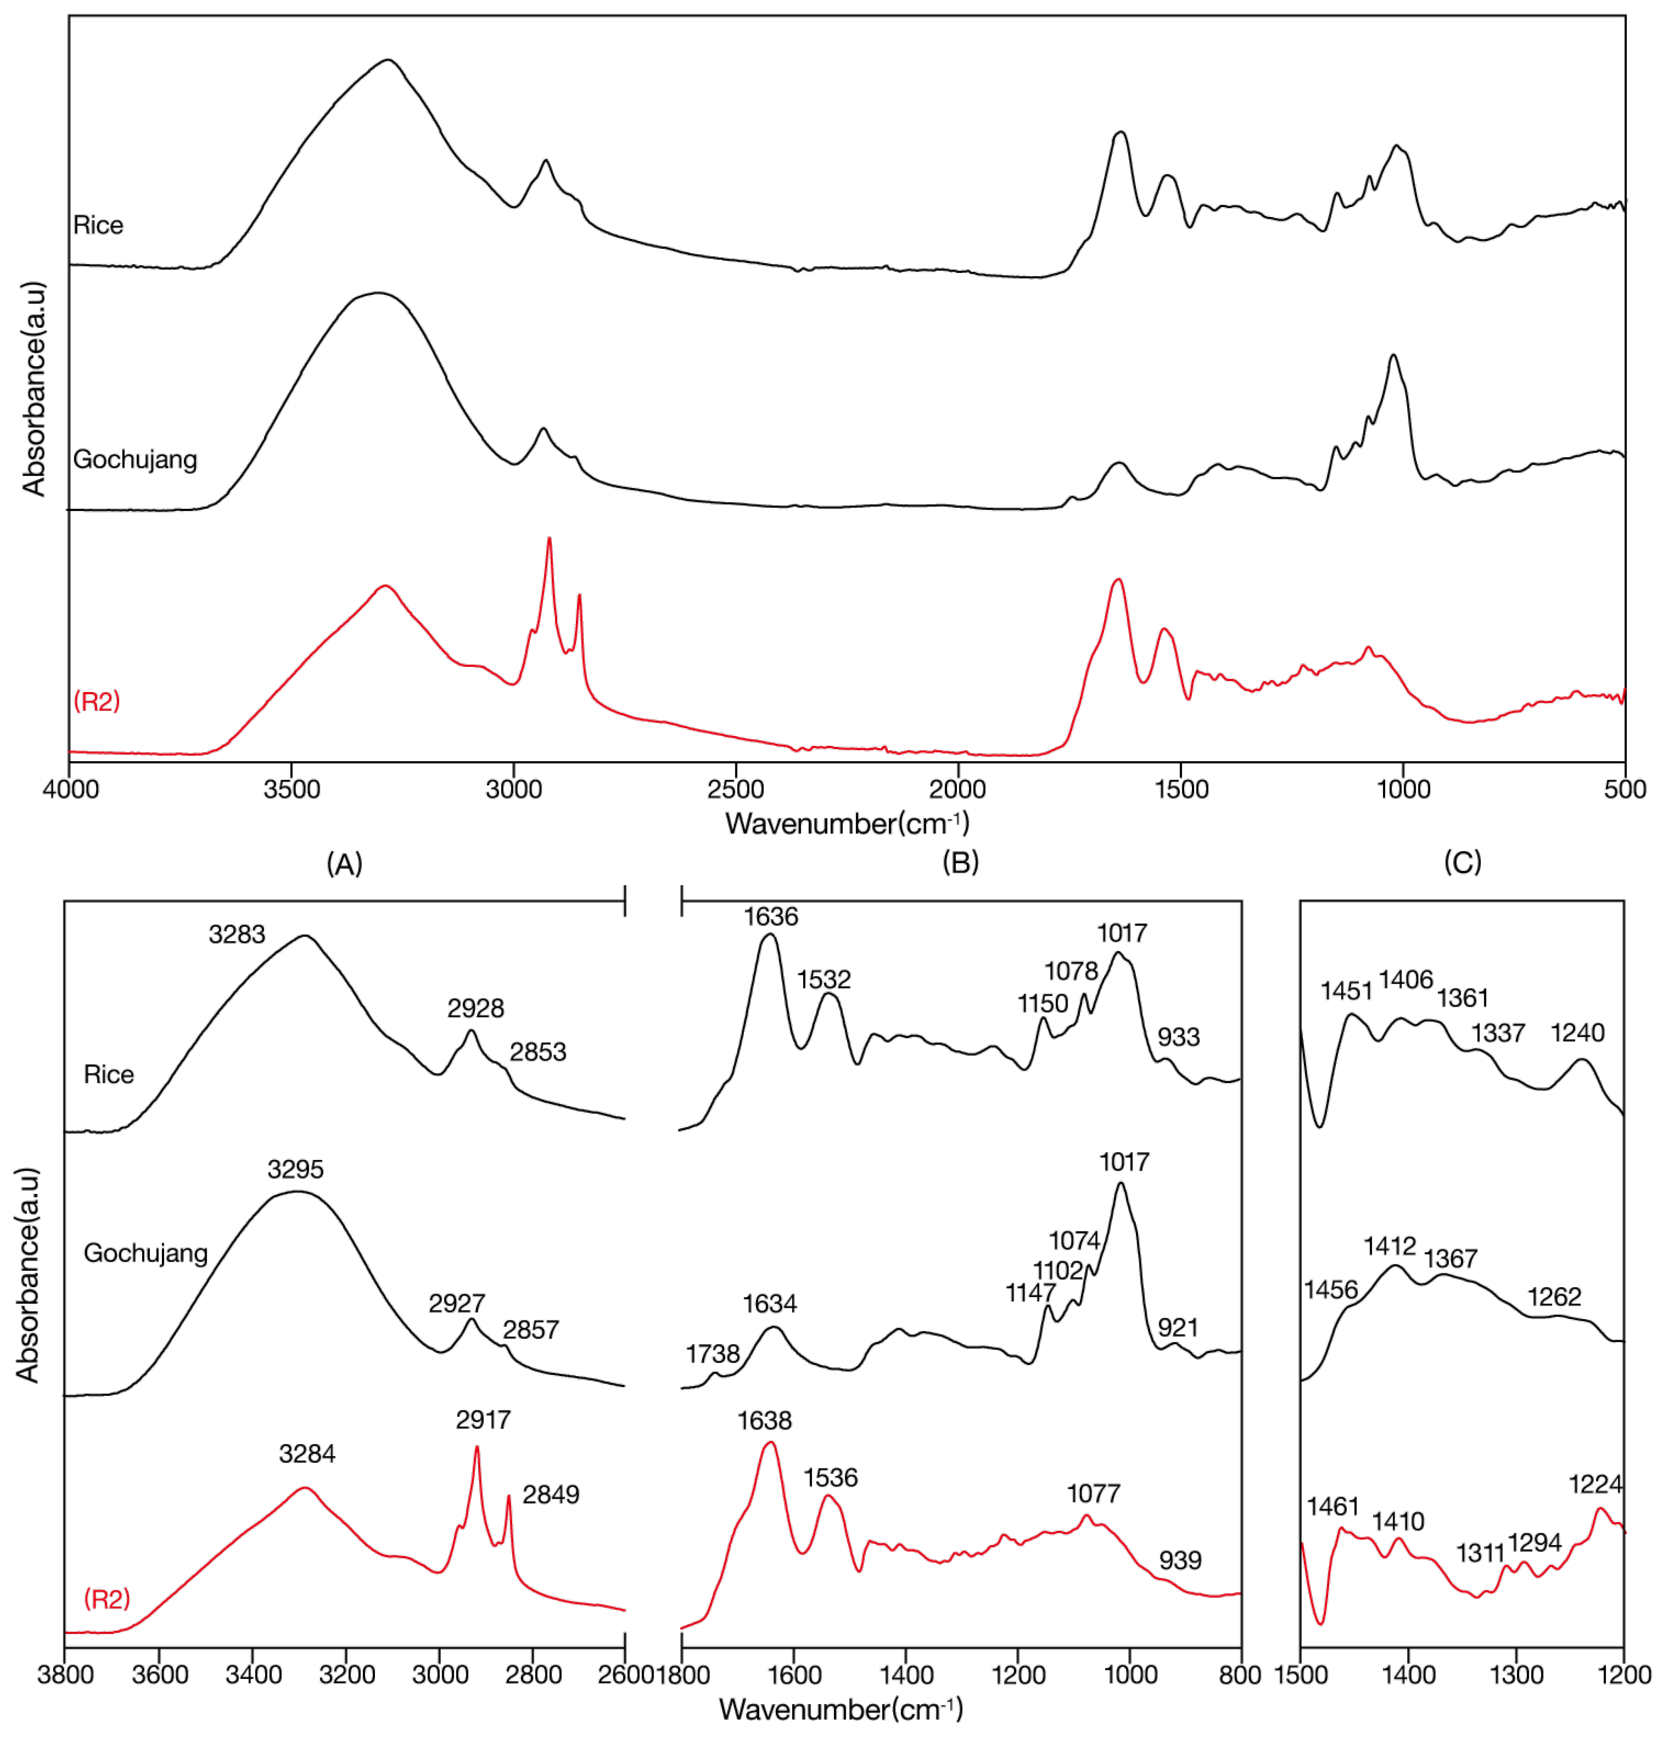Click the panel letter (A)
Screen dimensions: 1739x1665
[x=344, y=862]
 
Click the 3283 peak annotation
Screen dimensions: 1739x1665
[x=237, y=934]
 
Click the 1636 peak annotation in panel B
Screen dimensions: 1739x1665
[x=770, y=917]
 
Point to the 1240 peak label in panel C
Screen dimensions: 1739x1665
[x=1577, y=1033]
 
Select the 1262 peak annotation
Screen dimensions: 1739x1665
[x=1554, y=1297]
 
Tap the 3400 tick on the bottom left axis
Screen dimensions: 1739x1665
[x=252, y=1674]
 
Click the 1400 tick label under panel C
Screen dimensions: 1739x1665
[x=1409, y=1674]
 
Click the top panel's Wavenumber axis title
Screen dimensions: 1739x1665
[x=847, y=823]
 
